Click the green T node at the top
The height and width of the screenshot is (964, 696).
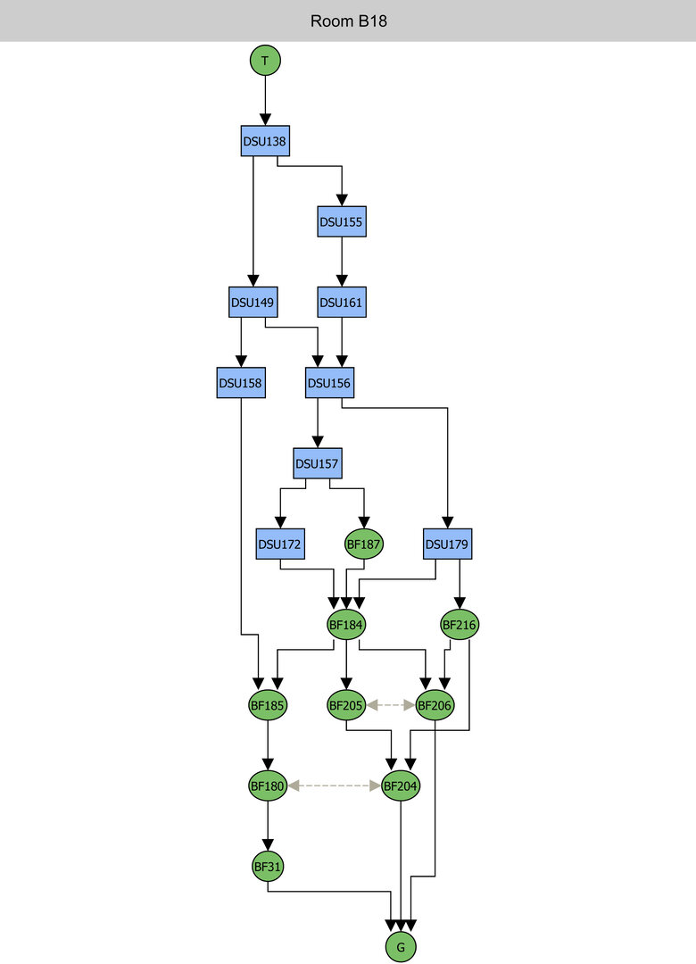pos(265,61)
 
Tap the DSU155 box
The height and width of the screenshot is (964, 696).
pos(342,221)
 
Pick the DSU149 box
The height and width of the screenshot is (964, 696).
pos(253,302)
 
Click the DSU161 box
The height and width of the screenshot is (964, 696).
pos(342,302)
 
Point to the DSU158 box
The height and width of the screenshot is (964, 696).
pos(241,383)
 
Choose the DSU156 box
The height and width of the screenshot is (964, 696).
pos(330,383)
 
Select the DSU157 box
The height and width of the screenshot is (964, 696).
pos(319,463)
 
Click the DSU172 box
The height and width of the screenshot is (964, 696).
pos(280,544)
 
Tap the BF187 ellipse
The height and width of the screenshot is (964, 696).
pos(364,544)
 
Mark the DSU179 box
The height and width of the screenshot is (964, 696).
pos(448,544)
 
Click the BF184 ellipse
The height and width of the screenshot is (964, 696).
pos(346,625)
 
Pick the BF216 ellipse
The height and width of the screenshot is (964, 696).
pos(460,625)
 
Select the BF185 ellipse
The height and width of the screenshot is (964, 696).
pos(268,705)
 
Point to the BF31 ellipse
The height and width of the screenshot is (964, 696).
pos(268,866)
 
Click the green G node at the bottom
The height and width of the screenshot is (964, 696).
pos(402,946)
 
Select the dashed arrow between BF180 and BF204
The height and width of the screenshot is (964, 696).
pos(334,785)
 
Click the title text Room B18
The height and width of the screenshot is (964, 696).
pos(348,21)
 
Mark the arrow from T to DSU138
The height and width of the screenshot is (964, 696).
pos(265,100)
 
